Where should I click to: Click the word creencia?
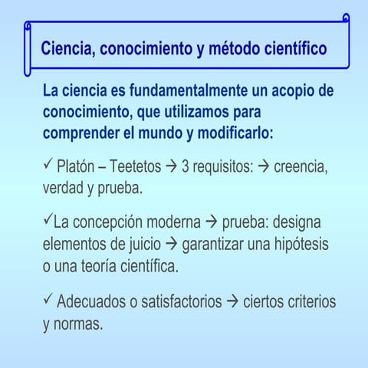click(x=301, y=166)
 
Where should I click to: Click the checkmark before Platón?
click(x=48, y=164)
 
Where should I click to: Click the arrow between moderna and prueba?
click(x=212, y=224)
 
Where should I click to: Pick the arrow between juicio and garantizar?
click(x=172, y=245)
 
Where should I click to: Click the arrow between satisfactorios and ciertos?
click(x=233, y=302)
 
